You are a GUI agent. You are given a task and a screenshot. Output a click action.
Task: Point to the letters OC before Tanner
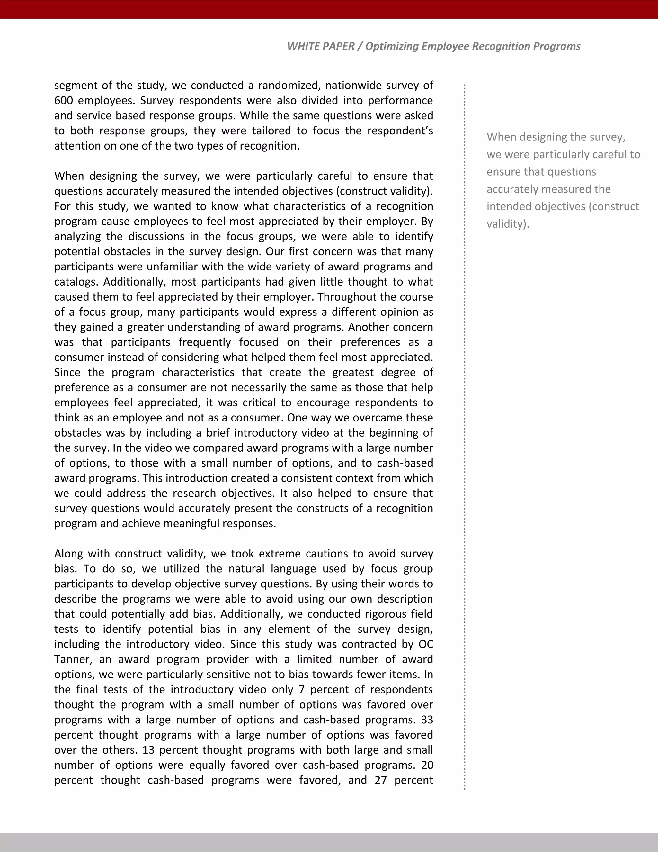426,644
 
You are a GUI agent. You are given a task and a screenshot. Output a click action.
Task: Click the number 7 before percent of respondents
301,689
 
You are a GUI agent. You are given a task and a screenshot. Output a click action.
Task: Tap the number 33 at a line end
427,720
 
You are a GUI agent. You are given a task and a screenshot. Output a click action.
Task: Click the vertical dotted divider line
464,429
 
